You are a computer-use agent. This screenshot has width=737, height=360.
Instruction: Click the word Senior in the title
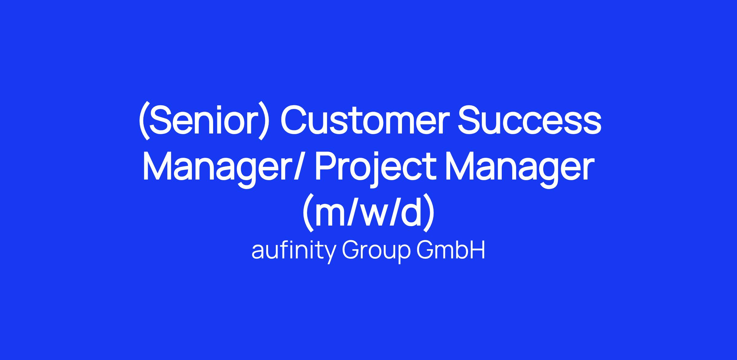pyautogui.click(x=204, y=120)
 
